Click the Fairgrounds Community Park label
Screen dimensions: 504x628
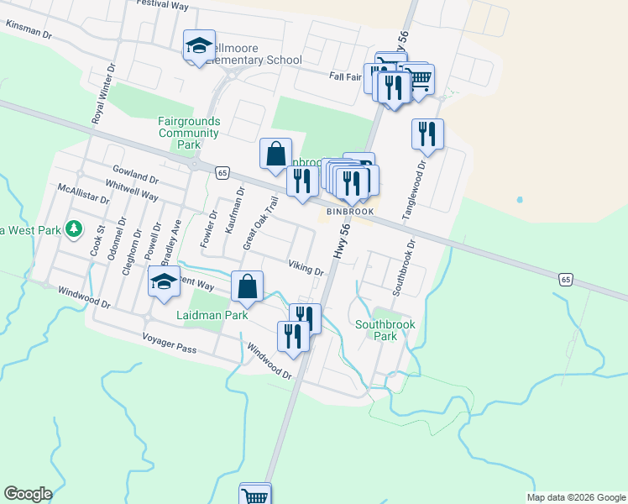click(188, 133)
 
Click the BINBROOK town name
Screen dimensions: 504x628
click(351, 212)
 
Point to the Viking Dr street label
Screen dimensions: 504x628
click(306, 267)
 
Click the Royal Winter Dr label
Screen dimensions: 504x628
click(104, 94)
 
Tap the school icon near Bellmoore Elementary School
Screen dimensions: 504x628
click(200, 46)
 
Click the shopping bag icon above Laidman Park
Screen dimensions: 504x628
click(247, 286)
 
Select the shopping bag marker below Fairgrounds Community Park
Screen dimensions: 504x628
click(275, 154)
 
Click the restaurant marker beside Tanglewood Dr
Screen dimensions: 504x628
click(427, 134)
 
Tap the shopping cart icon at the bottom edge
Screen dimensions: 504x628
click(254, 494)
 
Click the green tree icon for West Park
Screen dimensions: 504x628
click(74, 228)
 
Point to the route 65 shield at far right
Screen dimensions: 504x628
click(566, 278)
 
